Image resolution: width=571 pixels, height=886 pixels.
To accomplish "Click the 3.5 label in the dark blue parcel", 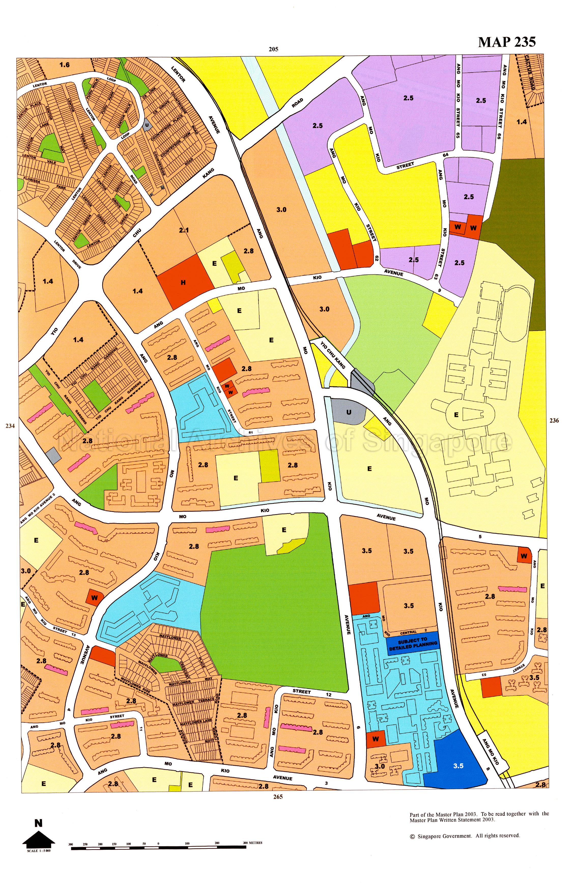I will [x=458, y=766].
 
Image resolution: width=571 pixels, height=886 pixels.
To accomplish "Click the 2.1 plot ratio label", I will [x=184, y=230].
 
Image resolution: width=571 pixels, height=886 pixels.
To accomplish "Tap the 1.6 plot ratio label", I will [x=65, y=65].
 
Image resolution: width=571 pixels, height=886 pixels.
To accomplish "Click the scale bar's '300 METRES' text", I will [x=253, y=843].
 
